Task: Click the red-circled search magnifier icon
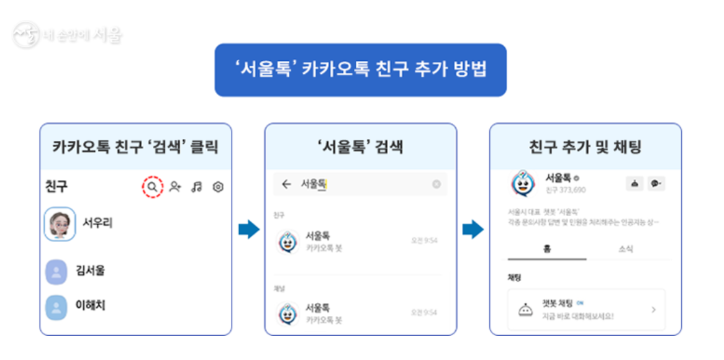152,187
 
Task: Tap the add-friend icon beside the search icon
175,187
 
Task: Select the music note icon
197,187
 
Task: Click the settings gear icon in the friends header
218,187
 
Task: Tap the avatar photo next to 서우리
60,224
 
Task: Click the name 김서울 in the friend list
91,271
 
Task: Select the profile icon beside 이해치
56,307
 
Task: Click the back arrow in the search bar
286,184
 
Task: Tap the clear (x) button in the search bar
437,184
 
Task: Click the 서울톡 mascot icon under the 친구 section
287,242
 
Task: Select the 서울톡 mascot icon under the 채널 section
287,314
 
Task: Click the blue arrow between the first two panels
248,230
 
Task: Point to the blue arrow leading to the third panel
473,230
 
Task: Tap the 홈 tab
546,250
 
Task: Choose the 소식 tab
625,250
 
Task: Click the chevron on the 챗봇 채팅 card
653,309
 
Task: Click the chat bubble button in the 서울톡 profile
656,184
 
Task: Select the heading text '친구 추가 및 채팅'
585,147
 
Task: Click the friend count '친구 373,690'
565,190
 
